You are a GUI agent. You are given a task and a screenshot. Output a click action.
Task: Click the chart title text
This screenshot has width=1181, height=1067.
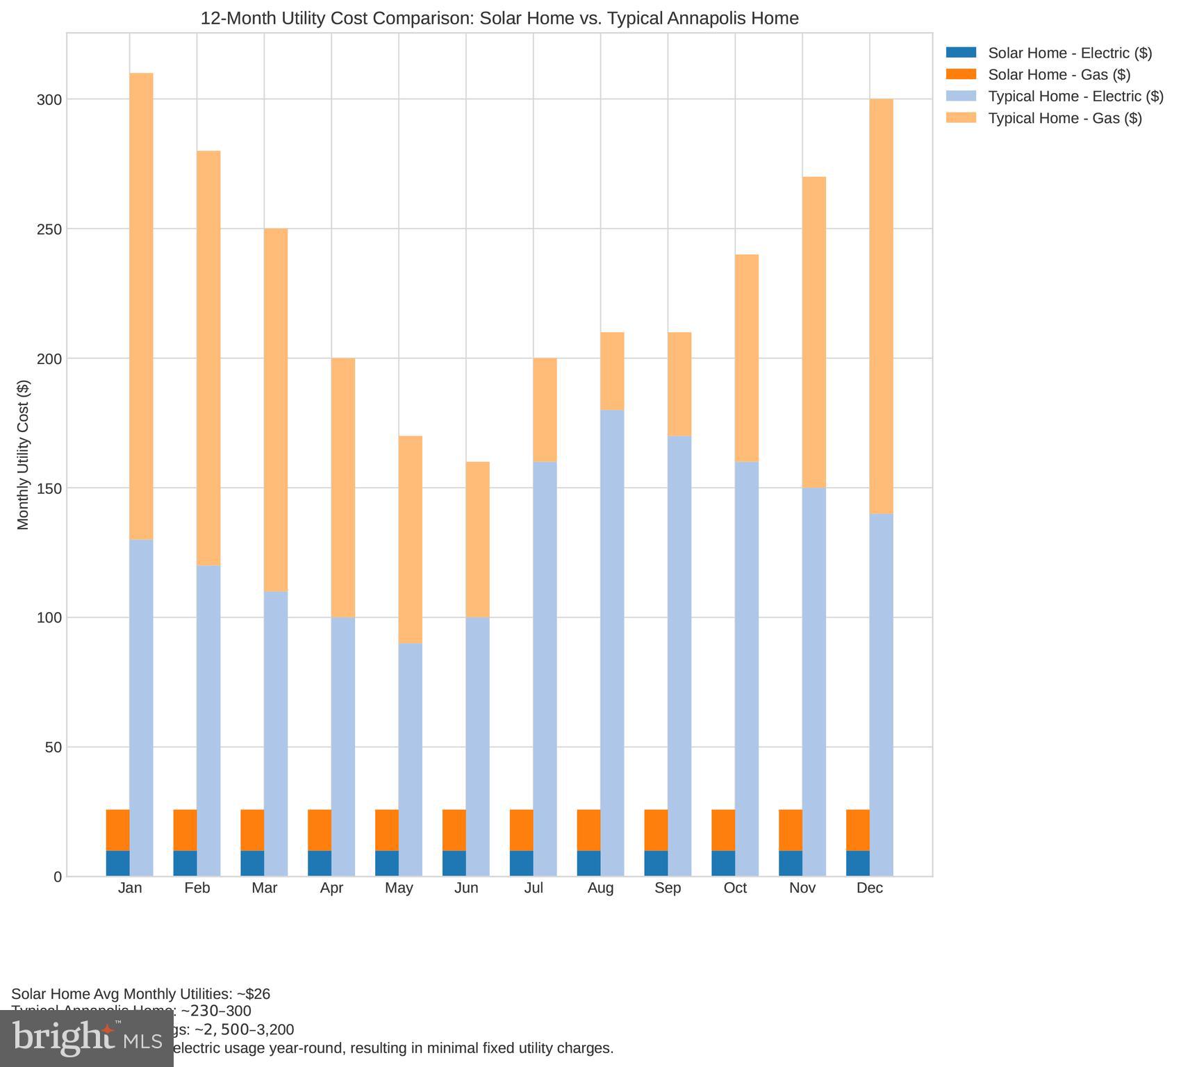(x=499, y=18)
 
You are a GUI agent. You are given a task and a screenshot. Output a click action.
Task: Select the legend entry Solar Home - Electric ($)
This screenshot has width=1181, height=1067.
(x=1069, y=53)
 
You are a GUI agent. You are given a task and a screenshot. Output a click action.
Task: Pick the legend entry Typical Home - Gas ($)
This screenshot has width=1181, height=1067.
(x=1064, y=118)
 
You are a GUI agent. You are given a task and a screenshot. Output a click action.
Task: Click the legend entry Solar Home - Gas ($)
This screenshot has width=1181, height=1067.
(x=1059, y=74)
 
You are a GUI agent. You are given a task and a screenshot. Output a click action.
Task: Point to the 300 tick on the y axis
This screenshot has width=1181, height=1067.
(x=49, y=100)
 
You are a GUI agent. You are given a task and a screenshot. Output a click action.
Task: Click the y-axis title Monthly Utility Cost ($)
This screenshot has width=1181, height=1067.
(x=24, y=455)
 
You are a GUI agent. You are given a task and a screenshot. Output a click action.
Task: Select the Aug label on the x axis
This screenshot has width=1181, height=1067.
(x=600, y=888)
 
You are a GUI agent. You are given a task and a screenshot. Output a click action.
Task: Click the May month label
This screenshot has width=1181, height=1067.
(x=399, y=888)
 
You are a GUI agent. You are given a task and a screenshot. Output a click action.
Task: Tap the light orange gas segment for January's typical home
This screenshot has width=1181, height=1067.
(x=142, y=306)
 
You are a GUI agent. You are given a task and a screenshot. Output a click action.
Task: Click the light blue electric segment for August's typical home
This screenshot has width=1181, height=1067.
(x=612, y=643)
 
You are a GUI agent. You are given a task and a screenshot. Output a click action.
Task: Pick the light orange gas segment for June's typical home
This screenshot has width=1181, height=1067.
(x=478, y=539)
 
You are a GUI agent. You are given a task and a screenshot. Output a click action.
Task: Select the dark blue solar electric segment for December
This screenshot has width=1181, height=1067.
(x=858, y=863)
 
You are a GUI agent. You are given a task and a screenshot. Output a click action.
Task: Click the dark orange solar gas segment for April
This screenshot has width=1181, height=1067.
(x=320, y=830)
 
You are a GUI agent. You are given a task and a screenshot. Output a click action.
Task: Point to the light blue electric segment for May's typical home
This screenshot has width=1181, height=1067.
(x=411, y=759)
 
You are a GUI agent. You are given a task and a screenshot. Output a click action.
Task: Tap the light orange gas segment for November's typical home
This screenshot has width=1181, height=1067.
(x=814, y=332)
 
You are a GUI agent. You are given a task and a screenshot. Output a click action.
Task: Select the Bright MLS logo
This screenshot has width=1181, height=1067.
(x=87, y=1038)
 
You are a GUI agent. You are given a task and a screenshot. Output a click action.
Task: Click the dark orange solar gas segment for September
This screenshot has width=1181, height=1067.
(x=656, y=830)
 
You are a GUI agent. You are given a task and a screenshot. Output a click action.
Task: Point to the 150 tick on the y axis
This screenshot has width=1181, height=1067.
(x=49, y=488)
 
